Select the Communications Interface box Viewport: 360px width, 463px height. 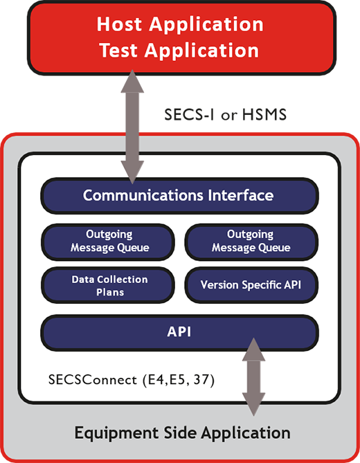179,195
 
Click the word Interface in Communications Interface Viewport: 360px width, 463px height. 240,195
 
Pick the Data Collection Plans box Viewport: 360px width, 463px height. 110,284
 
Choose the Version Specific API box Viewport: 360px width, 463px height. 251,284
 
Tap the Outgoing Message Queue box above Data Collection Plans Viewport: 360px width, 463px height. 110,241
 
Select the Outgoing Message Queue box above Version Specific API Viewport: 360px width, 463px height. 251,241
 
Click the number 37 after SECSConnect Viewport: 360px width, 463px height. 204,380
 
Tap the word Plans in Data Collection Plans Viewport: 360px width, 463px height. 110,291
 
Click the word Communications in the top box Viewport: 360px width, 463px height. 143,195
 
